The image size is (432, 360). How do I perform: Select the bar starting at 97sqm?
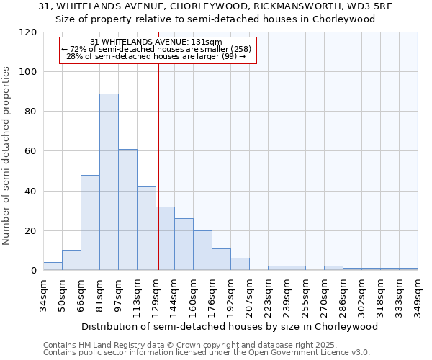[127, 210]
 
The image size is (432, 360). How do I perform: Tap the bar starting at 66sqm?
[90, 222]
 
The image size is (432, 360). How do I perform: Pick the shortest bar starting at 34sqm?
[53, 266]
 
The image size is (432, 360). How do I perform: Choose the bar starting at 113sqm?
[146, 228]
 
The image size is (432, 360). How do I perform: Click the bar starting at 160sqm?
[202, 251]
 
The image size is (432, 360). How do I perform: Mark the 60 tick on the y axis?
[32, 151]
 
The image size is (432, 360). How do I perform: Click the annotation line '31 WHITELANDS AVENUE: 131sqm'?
[156, 42]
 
